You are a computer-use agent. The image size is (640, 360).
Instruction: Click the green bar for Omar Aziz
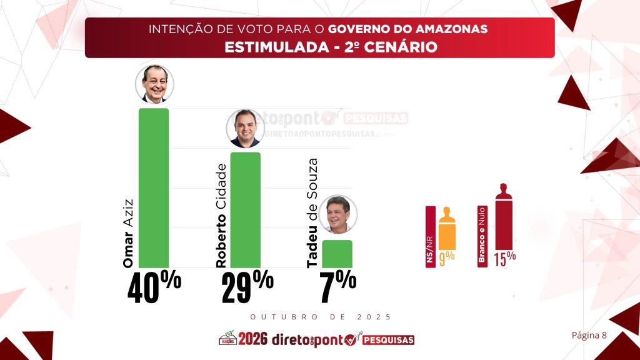[153, 187]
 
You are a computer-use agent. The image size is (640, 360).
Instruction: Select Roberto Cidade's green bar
[245, 209]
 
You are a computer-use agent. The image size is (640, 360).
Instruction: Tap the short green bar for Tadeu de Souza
[337, 254]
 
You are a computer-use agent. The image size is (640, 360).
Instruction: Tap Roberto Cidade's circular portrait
[244, 128]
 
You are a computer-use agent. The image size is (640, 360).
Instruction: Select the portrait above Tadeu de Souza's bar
[338, 214]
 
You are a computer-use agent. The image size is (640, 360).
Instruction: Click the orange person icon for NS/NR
[446, 229]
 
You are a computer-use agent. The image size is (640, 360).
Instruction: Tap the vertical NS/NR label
[430, 237]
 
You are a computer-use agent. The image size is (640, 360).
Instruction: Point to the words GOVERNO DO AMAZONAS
[408, 29]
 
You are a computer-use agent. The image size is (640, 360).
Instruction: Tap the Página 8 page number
[589, 335]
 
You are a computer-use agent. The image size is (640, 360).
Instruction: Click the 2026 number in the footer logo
[252, 339]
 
